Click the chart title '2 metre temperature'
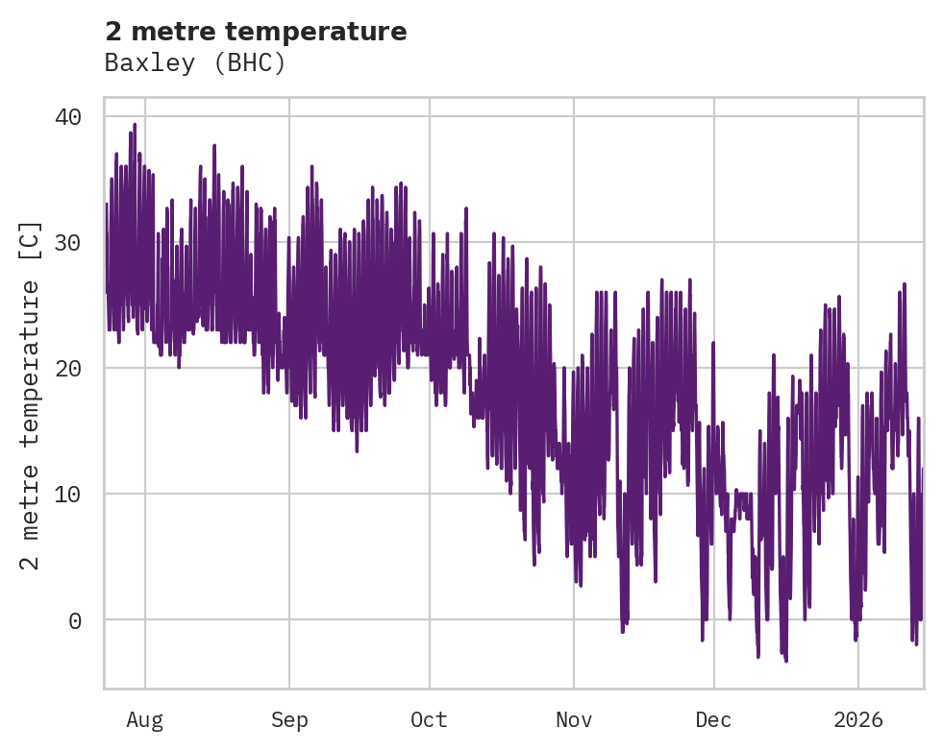[256, 32]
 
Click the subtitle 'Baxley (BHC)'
[195, 63]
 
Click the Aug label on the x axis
[145, 720]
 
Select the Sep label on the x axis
[288, 720]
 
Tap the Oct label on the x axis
[429, 720]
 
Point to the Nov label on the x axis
[574, 720]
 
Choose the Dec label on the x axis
[714, 720]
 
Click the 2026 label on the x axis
[857, 720]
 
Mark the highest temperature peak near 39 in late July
[135, 124]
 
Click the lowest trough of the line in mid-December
[785, 661]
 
